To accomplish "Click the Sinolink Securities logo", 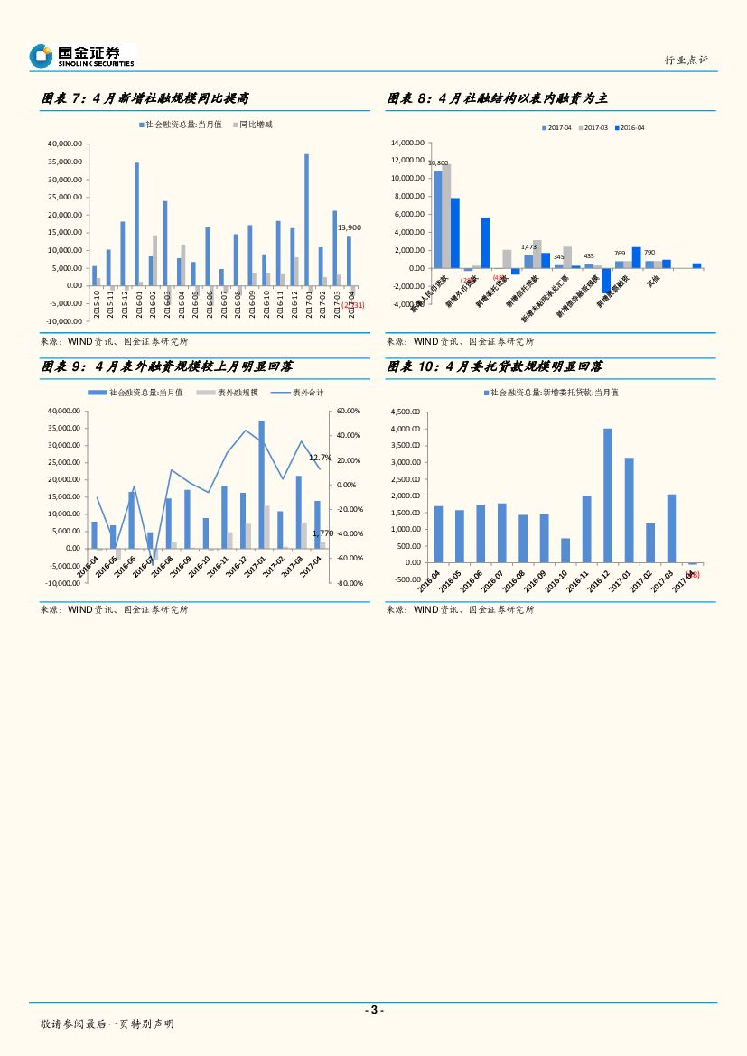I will [x=81, y=56].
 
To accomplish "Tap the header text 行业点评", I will [x=686, y=60].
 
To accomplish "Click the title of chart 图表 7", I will [x=145, y=98].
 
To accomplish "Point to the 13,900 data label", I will [x=349, y=227].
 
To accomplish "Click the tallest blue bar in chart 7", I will [x=306, y=219].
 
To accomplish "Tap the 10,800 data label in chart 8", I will [x=438, y=163].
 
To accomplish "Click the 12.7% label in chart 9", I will [x=320, y=458].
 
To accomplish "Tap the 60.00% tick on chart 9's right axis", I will [x=349, y=411].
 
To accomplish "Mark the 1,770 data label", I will [x=322, y=533].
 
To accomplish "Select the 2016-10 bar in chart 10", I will [x=565, y=551].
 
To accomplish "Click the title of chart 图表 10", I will [x=495, y=367].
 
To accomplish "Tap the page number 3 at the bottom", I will [x=373, y=1010].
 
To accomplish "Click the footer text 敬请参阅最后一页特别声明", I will [x=107, y=1024].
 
